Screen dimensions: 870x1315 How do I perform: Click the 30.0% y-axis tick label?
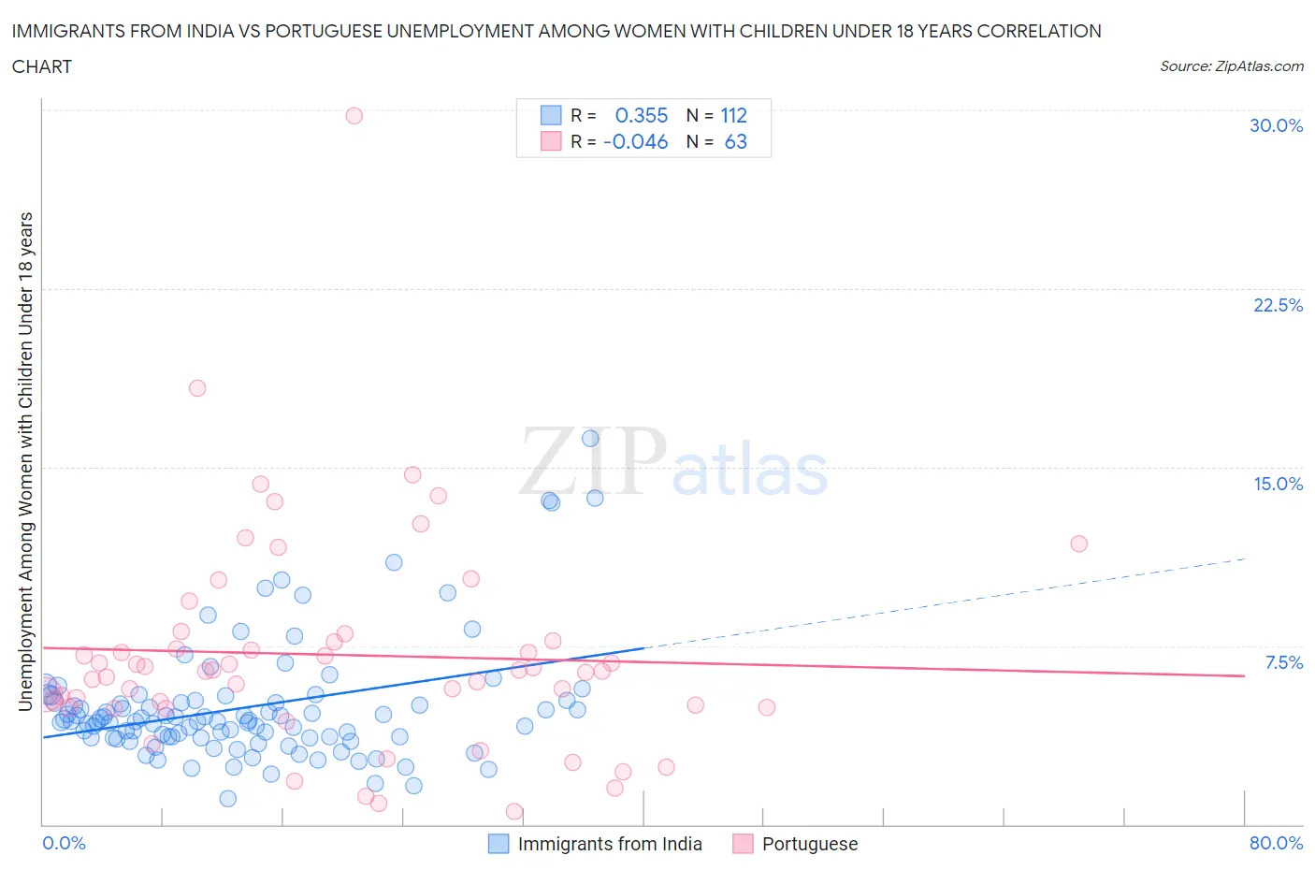tap(1276, 125)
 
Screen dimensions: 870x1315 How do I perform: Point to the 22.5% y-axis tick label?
tap(1278, 305)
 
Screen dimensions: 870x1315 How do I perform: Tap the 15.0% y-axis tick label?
tap(1278, 484)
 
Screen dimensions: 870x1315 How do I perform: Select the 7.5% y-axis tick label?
tap(1283, 662)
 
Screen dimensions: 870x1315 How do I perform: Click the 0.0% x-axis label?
tap(64, 843)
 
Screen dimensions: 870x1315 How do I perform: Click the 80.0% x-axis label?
tap(1276, 843)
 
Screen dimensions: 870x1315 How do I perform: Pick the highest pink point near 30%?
tap(354, 115)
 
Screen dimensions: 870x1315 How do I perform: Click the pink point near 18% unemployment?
tap(197, 388)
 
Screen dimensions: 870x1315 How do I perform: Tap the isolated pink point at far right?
tap(1078, 544)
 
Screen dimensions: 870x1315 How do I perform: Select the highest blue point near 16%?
tap(590, 438)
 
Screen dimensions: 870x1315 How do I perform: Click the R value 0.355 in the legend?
tap(641, 115)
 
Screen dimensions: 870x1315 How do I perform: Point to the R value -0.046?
tap(636, 141)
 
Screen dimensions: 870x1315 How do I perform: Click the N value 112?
tap(733, 115)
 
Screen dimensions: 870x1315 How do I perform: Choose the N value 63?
tap(735, 141)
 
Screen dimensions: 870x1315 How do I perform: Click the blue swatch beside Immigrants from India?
tap(499, 844)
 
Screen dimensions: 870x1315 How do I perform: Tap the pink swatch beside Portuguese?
tap(743, 844)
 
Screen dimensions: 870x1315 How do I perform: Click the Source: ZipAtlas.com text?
tap(1231, 65)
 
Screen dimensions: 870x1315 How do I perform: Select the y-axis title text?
tap(26, 461)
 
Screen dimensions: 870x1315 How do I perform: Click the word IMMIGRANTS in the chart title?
tap(63, 31)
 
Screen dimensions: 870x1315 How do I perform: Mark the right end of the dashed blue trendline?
tap(1245, 558)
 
